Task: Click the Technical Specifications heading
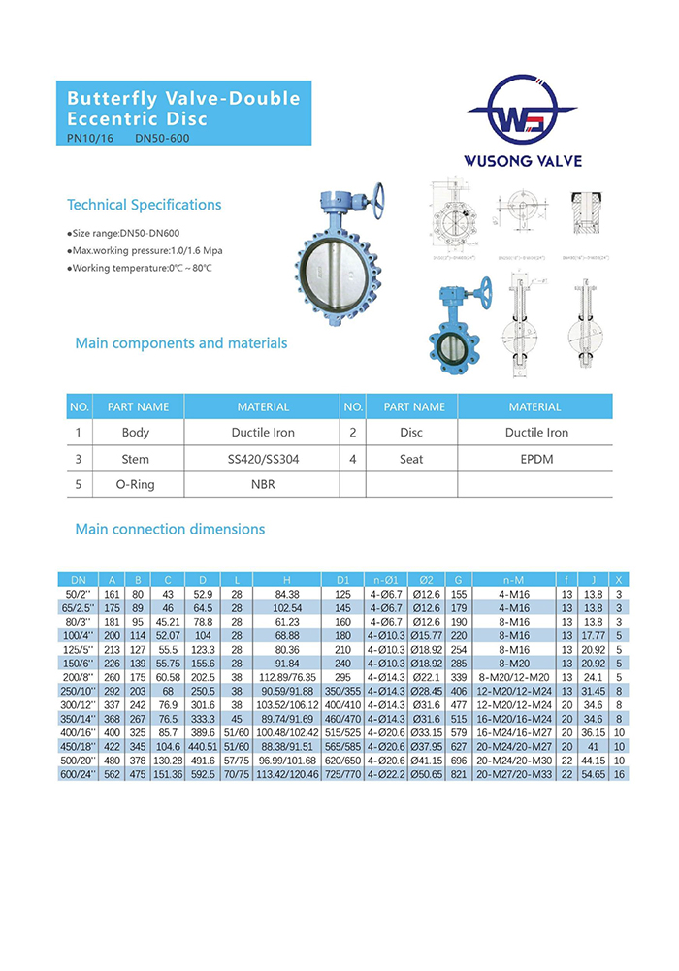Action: tap(144, 205)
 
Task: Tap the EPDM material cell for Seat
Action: tap(534, 459)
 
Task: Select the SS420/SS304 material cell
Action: tap(262, 459)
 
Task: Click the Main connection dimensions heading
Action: tap(170, 530)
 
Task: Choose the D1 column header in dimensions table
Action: tap(341, 579)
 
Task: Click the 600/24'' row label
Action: tap(79, 774)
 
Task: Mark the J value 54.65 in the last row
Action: tap(592, 774)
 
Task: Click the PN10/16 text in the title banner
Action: tap(86, 138)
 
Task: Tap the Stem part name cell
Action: tap(136, 459)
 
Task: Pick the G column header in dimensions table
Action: tap(458, 579)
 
